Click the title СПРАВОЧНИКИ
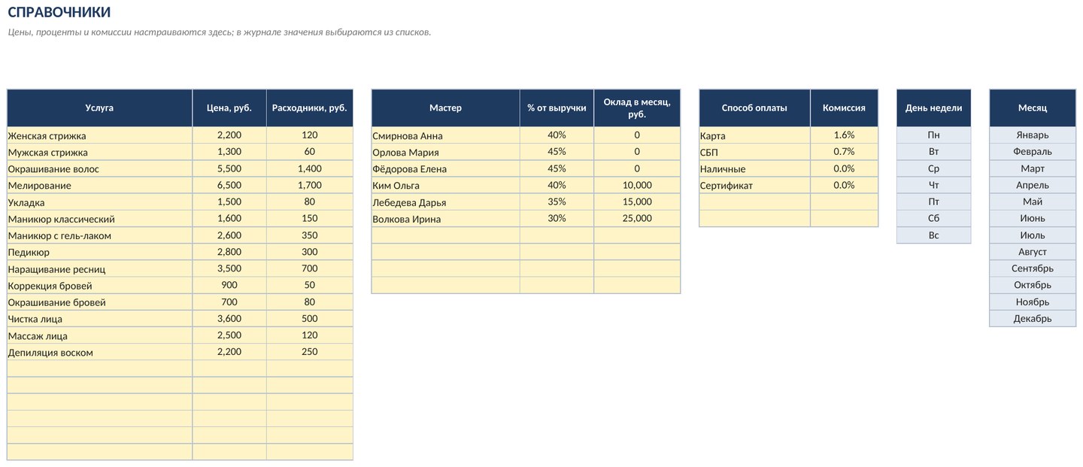point(59,12)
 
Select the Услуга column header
point(99,108)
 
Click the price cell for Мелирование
point(229,185)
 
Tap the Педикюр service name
point(29,252)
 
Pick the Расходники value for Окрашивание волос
point(309,168)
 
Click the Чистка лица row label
point(35,319)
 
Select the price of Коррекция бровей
point(229,285)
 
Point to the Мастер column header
point(445,108)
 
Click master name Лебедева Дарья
point(409,202)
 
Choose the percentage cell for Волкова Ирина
point(557,219)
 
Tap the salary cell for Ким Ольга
point(637,185)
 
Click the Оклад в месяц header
point(637,108)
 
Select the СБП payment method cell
point(708,152)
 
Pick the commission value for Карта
point(844,135)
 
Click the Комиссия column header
point(844,108)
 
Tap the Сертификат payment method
point(727,186)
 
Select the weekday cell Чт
point(933,185)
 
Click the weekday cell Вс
point(933,235)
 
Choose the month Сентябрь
point(1032,268)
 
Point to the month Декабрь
point(1032,319)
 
